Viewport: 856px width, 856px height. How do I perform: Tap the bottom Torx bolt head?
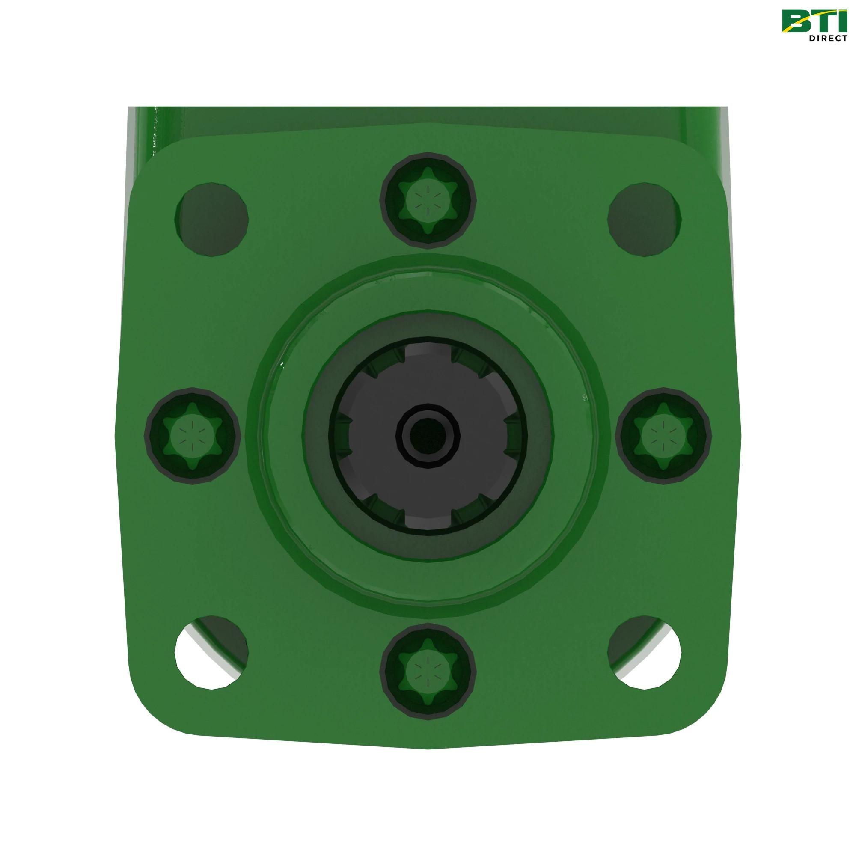[x=428, y=671]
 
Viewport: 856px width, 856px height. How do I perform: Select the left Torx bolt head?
[x=192, y=436]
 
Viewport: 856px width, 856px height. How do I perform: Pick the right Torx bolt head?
[x=663, y=436]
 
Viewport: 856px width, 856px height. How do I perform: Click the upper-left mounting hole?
[x=212, y=218]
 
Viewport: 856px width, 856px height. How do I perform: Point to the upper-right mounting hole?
[x=644, y=218]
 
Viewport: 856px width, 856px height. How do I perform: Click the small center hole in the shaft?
[x=428, y=436]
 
